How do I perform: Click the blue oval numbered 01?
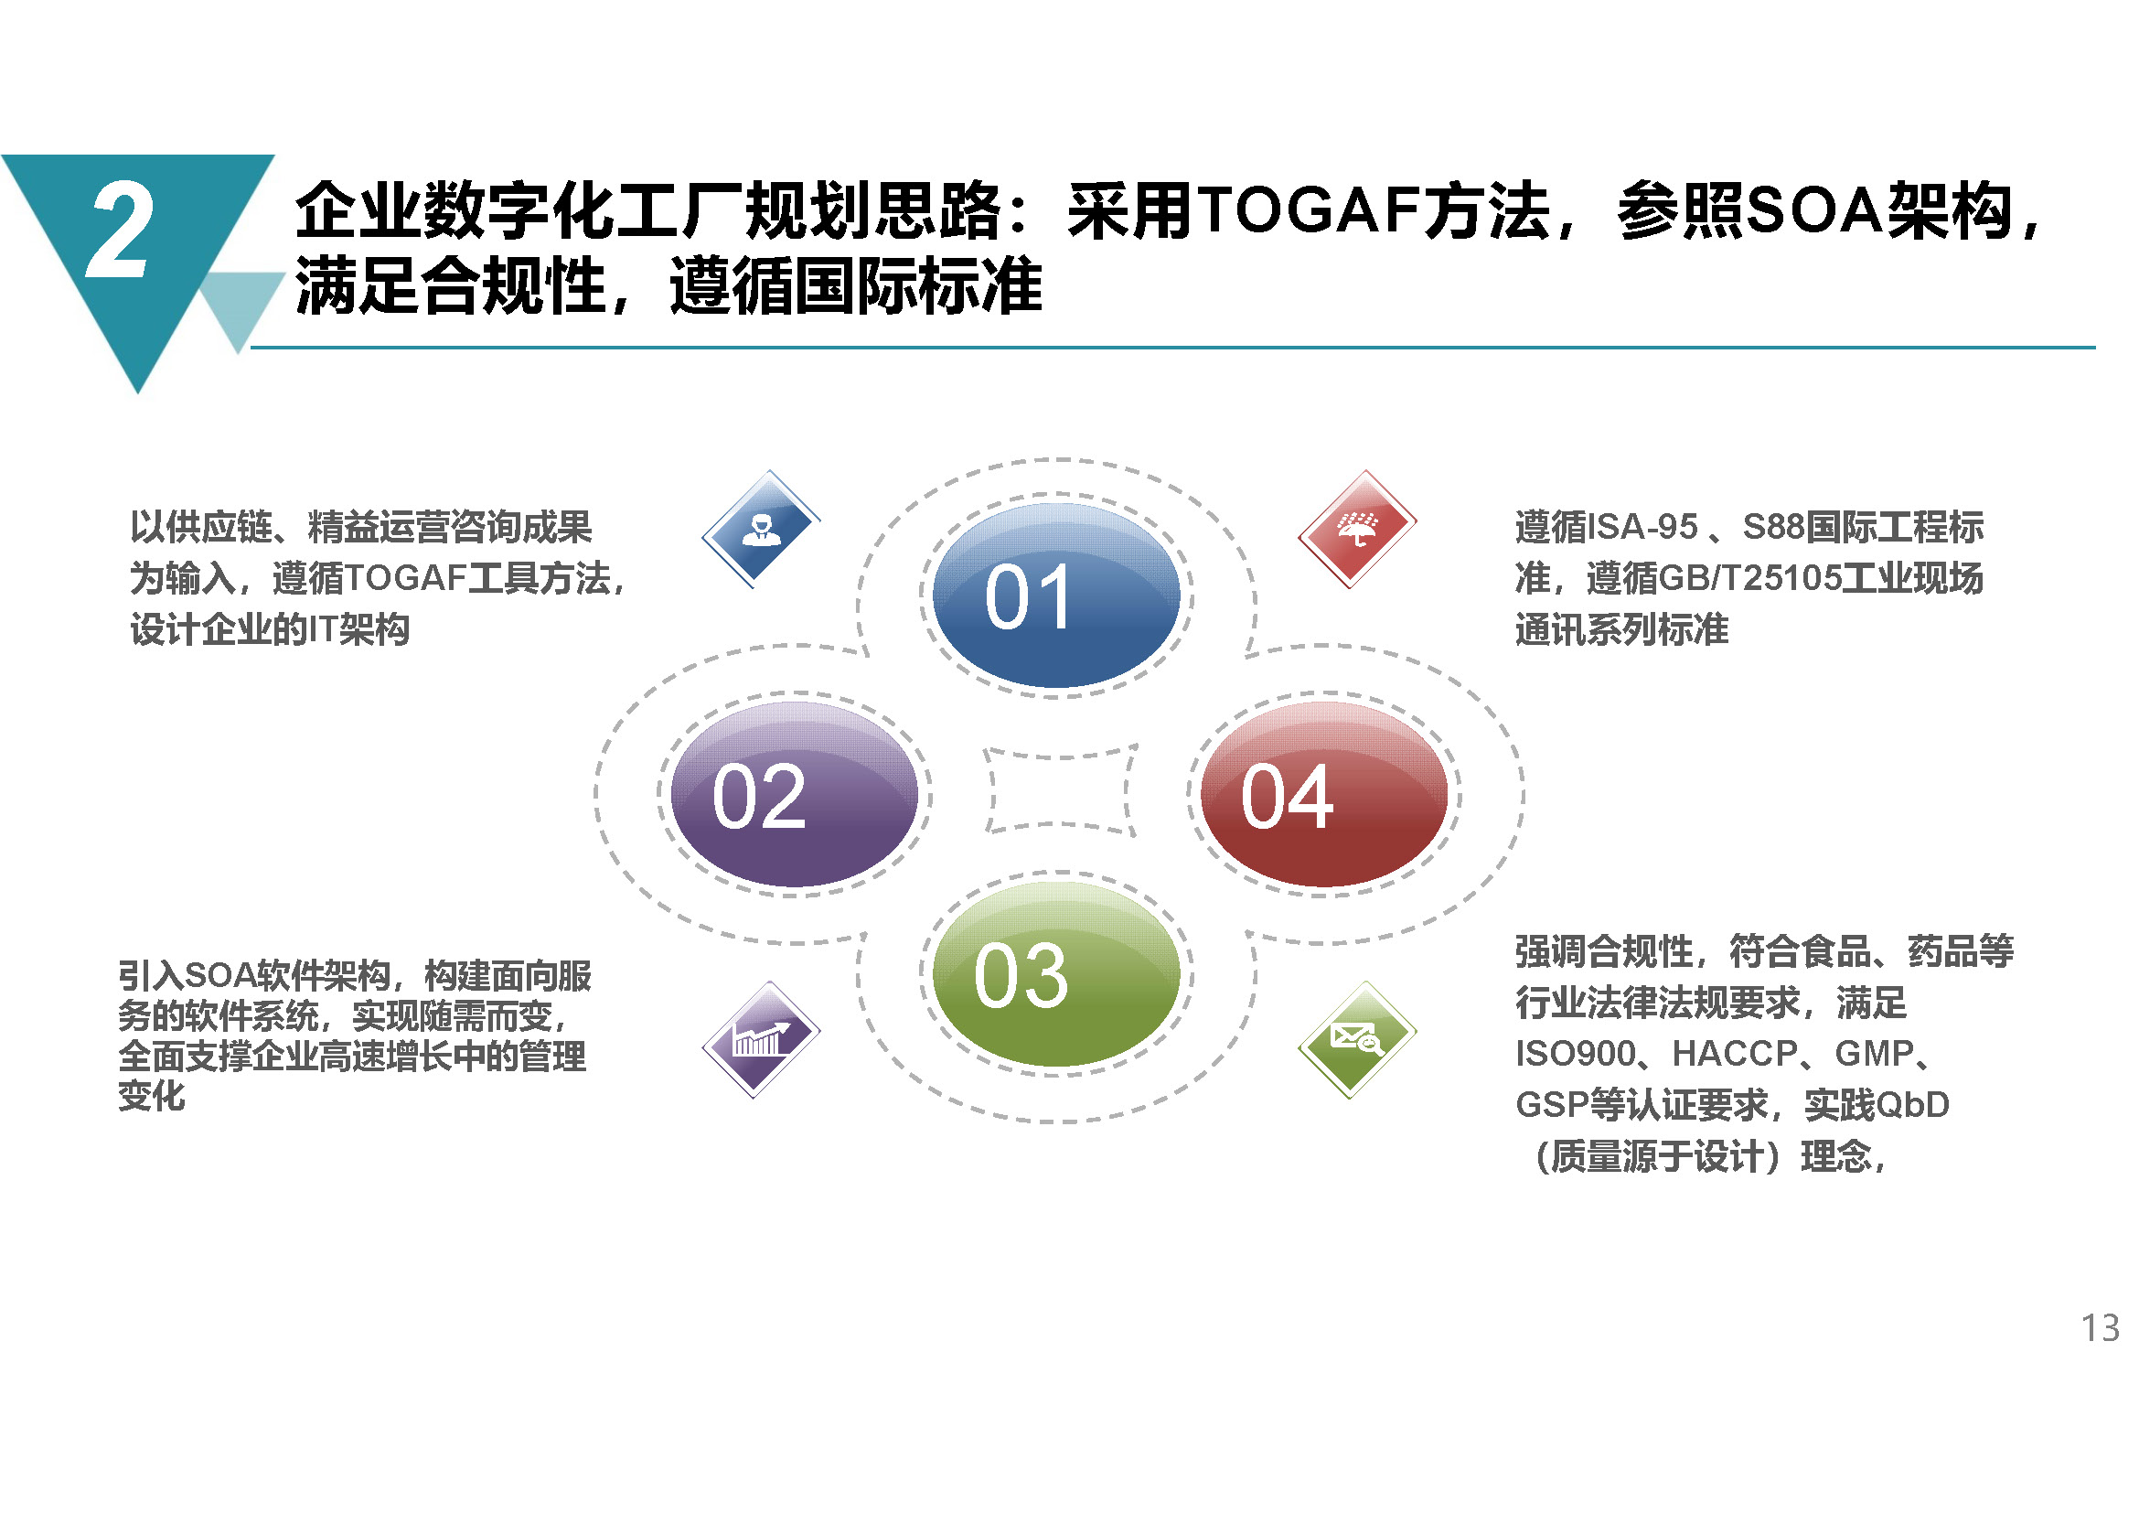point(1055,596)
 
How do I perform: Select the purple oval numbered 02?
point(794,794)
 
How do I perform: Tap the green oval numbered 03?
point(1055,973)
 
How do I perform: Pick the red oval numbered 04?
point(1324,794)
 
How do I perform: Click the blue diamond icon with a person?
point(761,529)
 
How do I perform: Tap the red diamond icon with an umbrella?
point(1357,529)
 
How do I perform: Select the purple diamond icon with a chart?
point(761,1040)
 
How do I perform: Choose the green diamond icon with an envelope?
point(1357,1040)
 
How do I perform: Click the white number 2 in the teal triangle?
point(118,231)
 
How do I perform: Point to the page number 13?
point(2100,1328)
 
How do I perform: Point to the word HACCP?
point(1735,1054)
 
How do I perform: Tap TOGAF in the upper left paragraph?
point(405,578)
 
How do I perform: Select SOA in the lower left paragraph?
point(219,975)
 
